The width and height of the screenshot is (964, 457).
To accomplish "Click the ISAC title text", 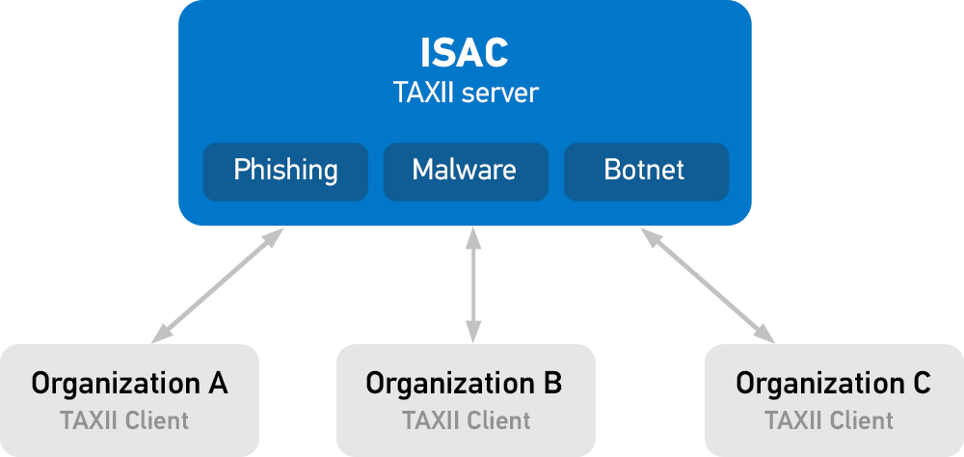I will point(465,53).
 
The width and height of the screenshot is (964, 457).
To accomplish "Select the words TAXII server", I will point(465,94).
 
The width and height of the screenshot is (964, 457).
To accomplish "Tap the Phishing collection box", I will point(285,171).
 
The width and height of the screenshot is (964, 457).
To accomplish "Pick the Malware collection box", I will point(465,171).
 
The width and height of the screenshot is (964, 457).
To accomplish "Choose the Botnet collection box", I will point(645,171).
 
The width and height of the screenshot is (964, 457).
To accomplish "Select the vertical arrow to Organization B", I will point(472,284).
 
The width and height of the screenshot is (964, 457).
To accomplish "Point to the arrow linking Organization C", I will point(707,284).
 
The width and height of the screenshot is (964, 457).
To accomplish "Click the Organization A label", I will point(129,384).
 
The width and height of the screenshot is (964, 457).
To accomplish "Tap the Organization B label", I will point(464,384).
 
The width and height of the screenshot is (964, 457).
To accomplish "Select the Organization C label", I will point(833,384).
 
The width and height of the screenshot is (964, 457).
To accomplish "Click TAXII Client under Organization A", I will point(124,420).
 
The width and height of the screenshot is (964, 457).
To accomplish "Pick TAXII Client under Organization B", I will point(467,420).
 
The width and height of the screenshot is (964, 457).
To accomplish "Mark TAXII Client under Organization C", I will point(829,420).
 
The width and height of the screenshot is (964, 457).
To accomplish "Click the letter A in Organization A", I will point(218,384).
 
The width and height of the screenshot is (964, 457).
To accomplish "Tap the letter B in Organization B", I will point(552,384).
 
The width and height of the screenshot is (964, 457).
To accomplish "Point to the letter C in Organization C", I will point(921,384).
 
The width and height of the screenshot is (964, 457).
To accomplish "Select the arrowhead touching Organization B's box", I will point(472,334).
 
